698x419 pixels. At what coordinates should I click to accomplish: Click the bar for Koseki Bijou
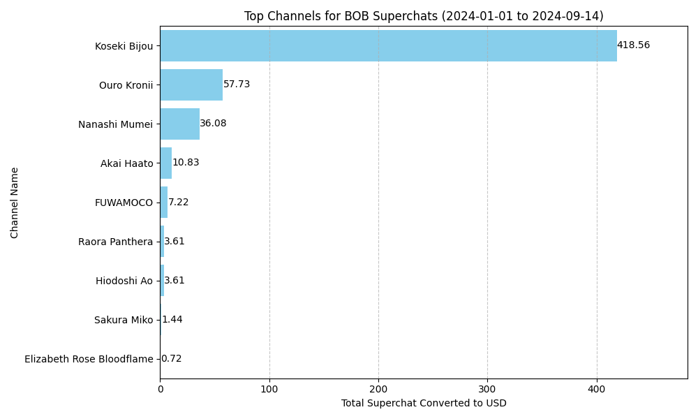388,46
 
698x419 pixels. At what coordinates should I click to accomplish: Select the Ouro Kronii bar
191,85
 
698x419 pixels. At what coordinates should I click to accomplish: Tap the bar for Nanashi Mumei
179,124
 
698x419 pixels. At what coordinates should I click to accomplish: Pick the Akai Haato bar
166,163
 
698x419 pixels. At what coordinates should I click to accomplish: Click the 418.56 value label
633,45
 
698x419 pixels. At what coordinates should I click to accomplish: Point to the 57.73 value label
237,84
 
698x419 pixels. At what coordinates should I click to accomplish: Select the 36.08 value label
213,124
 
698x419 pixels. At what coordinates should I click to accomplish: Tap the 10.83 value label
186,163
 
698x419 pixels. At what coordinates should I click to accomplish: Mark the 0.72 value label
171,359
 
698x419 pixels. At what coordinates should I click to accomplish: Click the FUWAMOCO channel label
124,203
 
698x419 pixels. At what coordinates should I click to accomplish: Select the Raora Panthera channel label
115,242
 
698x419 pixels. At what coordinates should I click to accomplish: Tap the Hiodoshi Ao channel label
124,281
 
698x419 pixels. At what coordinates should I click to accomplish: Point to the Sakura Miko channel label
123,321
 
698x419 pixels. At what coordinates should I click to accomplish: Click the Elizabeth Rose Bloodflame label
89,360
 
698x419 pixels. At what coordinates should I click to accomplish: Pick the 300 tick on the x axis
487,388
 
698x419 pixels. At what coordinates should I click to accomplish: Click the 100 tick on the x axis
269,388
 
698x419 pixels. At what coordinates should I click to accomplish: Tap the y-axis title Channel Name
15,203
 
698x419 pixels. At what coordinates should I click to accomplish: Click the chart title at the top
424,16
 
